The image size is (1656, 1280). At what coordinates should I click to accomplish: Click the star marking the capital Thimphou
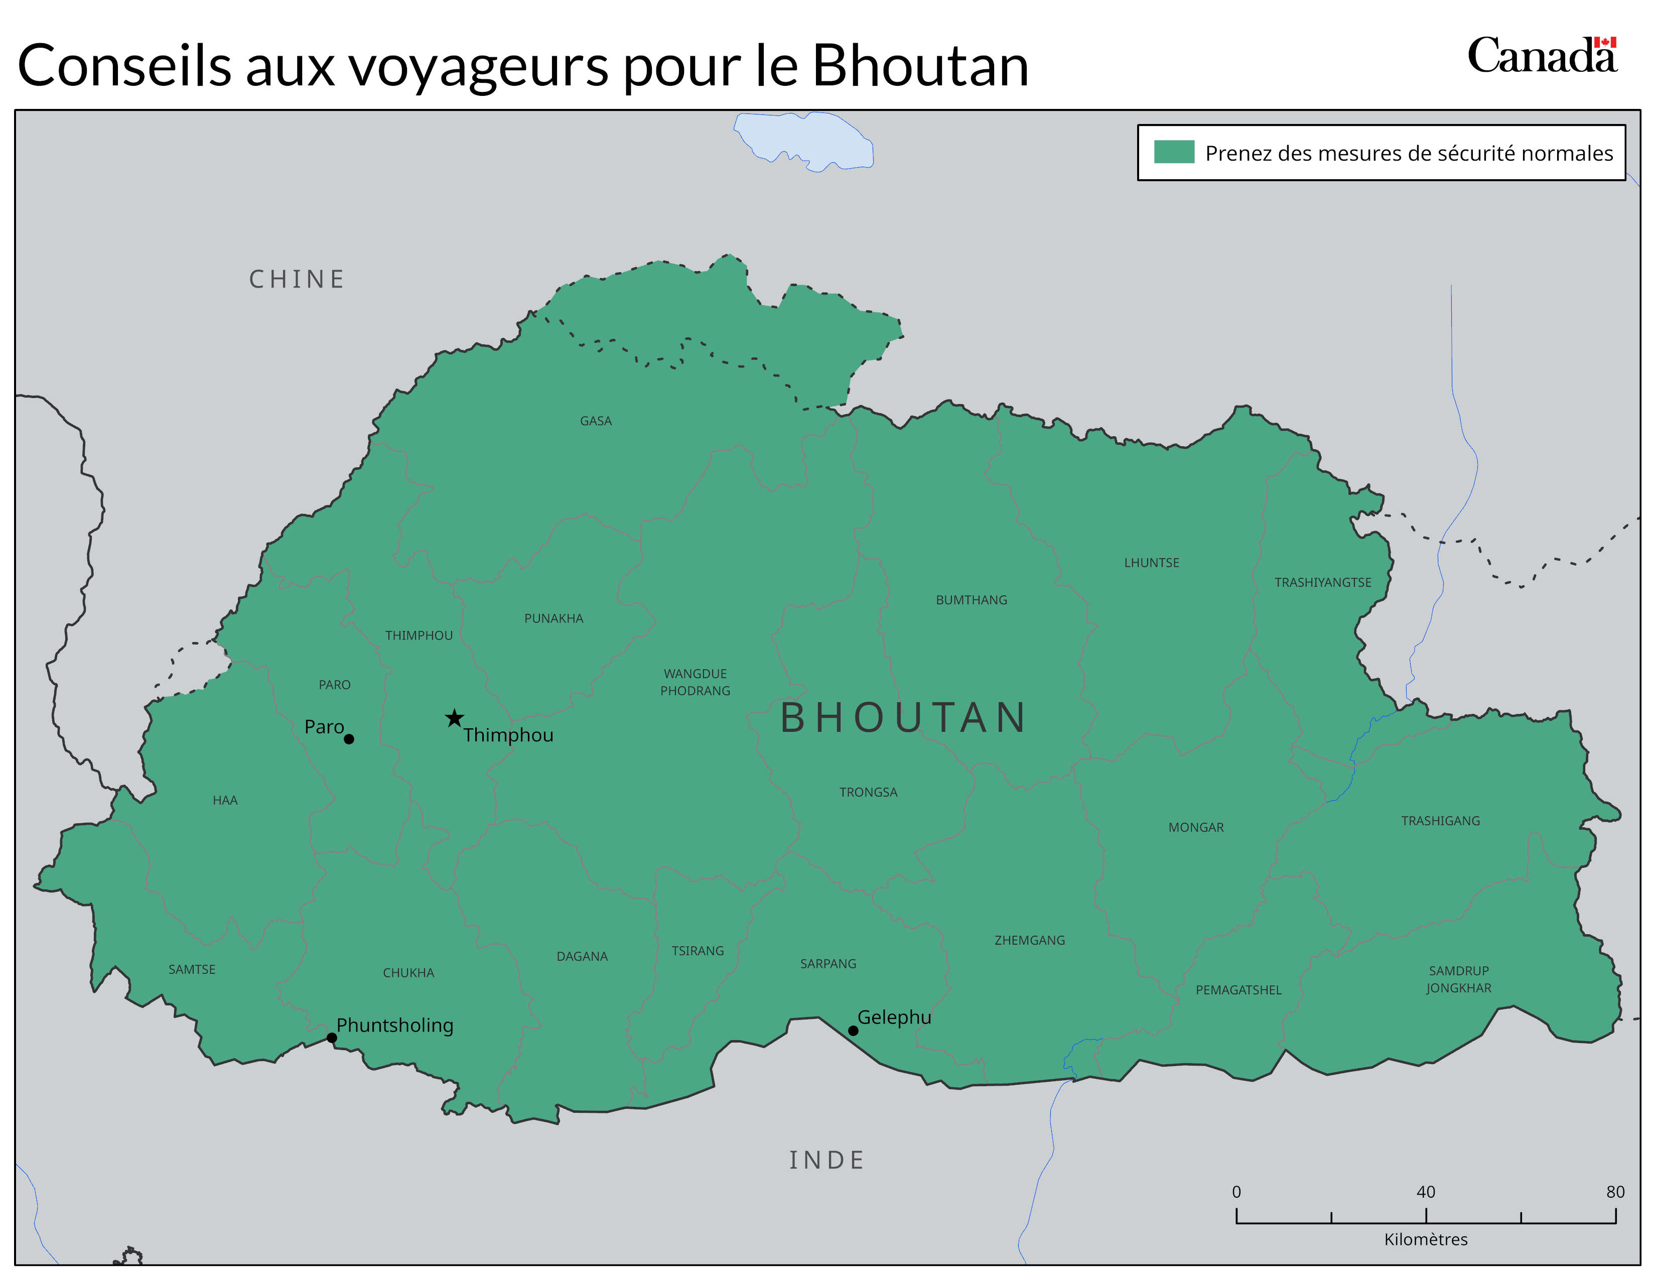[x=454, y=718]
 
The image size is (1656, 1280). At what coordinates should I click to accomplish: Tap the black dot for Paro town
[x=349, y=738]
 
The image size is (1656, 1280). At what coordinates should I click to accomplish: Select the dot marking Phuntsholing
[x=331, y=1038]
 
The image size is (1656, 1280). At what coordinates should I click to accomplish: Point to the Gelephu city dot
[x=853, y=1031]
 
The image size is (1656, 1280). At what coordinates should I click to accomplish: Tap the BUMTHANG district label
[x=972, y=600]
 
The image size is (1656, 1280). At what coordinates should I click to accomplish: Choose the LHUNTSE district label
[x=1151, y=563]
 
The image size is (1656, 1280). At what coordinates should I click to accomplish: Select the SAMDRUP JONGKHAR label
[x=1458, y=979]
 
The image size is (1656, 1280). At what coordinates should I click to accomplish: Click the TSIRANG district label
[x=697, y=951]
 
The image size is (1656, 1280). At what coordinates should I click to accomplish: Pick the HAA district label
[x=225, y=800]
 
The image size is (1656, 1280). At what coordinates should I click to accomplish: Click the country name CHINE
[x=297, y=279]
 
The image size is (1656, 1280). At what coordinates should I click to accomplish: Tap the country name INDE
[x=826, y=1160]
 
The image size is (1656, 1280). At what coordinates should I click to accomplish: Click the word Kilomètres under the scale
[x=1426, y=1239]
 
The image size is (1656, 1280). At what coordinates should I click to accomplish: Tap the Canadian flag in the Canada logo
[x=1605, y=43]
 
